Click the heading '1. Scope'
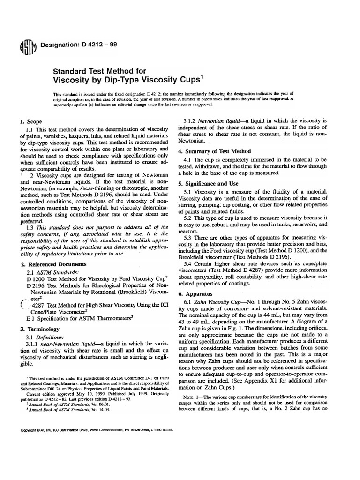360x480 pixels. (x=32, y=120)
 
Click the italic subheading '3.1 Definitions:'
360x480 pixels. (x=48, y=337)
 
